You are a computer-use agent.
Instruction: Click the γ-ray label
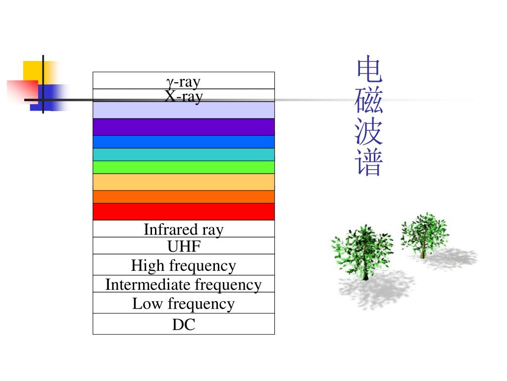(183, 81)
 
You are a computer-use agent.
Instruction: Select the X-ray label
(184, 96)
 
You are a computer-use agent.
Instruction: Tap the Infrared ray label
(184, 230)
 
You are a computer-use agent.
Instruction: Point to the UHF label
(184, 246)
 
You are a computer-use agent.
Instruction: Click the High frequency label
(184, 265)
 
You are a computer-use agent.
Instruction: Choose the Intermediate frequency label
(184, 285)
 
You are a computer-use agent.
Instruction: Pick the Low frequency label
(184, 303)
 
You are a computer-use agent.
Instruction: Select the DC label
(184, 325)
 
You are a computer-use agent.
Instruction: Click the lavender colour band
(184, 110)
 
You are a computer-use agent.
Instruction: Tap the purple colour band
(184, 127)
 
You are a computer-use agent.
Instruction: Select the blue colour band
(184, 142)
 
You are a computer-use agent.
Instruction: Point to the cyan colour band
(184, 154)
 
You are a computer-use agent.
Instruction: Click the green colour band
(184, 167)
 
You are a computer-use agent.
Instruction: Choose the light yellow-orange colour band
(184, 182)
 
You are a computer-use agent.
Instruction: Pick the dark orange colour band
(184, 197)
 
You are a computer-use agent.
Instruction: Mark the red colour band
(184, 211)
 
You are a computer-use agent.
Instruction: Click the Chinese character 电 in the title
(369, 70)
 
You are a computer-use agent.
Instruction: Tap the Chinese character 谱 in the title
(369, 164)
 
